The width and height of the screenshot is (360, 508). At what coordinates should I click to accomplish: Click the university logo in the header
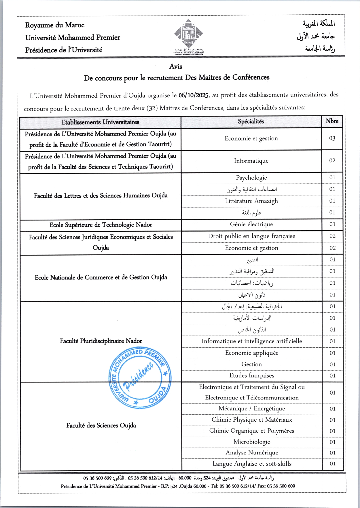point(188,36)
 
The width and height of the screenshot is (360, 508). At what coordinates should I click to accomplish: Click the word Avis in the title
point(176,66)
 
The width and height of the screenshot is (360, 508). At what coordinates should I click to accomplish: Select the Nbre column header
point(332,121)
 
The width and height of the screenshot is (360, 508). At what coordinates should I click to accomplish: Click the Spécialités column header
point(251,121)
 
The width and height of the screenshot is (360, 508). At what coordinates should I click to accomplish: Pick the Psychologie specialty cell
point(251,178)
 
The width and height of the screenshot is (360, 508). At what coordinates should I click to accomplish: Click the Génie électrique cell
point(251,224)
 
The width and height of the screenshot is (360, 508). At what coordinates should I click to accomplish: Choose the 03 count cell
point(332,138)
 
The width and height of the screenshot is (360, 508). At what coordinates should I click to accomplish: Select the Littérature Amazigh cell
point(251,201)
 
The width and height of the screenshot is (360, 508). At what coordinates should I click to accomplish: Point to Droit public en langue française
point(251,236)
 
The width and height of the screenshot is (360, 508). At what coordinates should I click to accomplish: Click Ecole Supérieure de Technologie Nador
point(101,225)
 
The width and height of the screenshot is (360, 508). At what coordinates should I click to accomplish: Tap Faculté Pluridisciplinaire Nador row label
point(101,341)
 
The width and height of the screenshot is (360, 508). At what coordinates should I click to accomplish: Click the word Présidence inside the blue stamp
point(138,377)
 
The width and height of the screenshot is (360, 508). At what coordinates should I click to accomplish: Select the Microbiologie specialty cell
point(252,442)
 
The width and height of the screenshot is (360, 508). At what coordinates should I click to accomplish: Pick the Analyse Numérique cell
point(252,453)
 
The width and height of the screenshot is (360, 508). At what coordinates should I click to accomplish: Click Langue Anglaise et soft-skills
point(252,464)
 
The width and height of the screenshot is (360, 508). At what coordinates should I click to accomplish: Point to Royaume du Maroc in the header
point(55,25)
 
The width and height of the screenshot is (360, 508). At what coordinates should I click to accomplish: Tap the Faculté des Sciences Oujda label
point(101,425)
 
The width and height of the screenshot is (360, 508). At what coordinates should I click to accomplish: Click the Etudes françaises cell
point(252,376)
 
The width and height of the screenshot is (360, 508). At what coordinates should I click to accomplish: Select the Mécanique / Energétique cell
point(252,409)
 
